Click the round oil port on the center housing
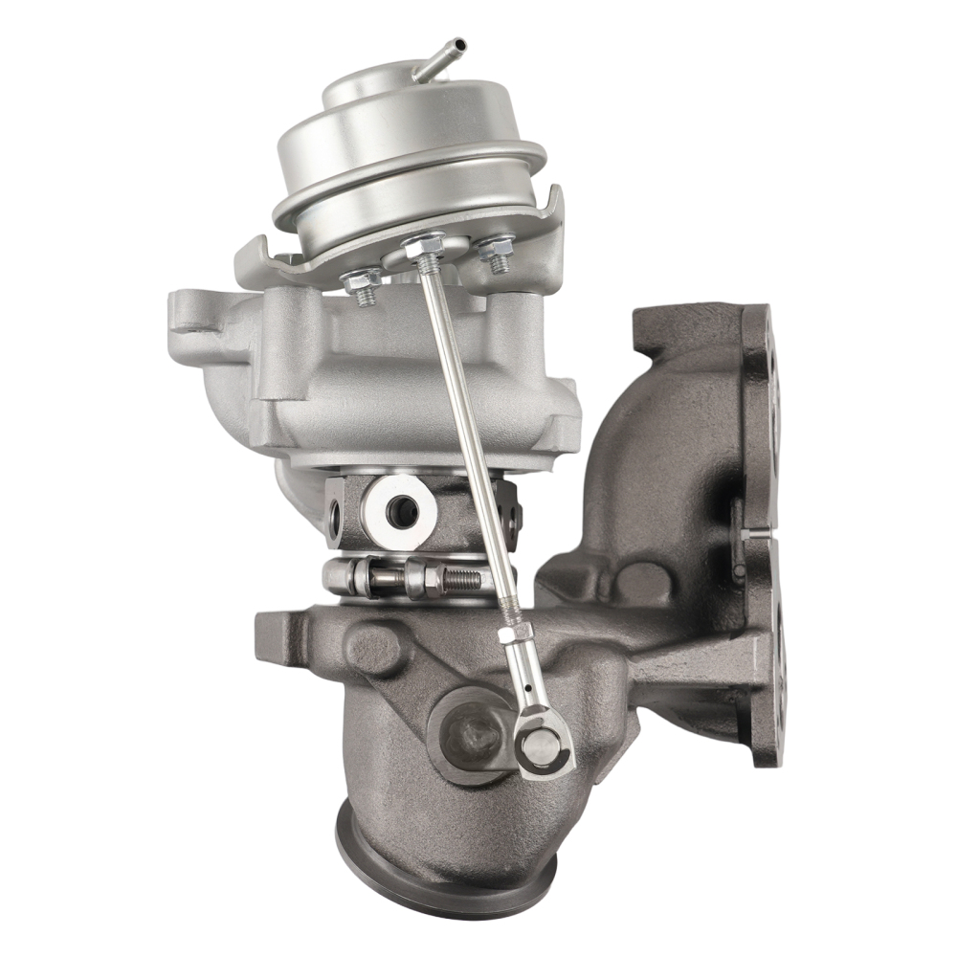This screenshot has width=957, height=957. click(x=403, y=503)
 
